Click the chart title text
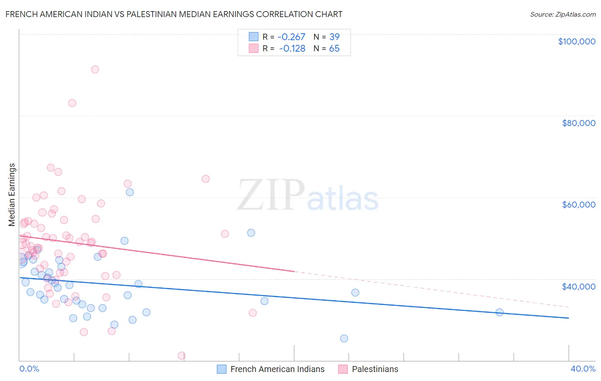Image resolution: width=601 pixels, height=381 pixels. (x=174, y=14)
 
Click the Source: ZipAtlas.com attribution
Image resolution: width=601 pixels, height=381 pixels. (x=563, y=15)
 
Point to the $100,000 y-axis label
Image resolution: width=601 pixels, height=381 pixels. (x=577, y=41)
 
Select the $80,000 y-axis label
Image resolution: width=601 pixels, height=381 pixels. (x=578, y=123)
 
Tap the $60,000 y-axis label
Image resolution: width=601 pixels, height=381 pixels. (x=578, y=205)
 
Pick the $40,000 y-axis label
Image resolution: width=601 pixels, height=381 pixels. (x=578, y=286)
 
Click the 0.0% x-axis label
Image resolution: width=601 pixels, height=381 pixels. (x=29, y=369)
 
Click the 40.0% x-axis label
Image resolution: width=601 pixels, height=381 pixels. (x=583, y=369)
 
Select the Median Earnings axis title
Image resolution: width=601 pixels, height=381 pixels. (x=12, y=194)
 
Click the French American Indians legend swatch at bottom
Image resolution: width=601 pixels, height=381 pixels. (x=221, y=369)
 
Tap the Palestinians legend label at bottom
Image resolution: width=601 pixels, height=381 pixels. (x=375, y=369)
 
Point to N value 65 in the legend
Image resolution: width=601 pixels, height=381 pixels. (x=334, y=49)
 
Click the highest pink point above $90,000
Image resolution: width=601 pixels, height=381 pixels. (x=95, y=69)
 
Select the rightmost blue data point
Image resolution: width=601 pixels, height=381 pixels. (x=499, y=312)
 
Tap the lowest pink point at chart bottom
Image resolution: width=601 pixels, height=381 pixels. (x=181, y=355)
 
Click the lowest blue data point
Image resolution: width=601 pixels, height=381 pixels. (x=344, y=338)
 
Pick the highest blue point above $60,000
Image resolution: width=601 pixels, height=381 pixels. (x=130, y=192)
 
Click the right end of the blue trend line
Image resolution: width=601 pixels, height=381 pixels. (x=569, y=318)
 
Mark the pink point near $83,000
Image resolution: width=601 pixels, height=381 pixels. (x=72, y=103)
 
